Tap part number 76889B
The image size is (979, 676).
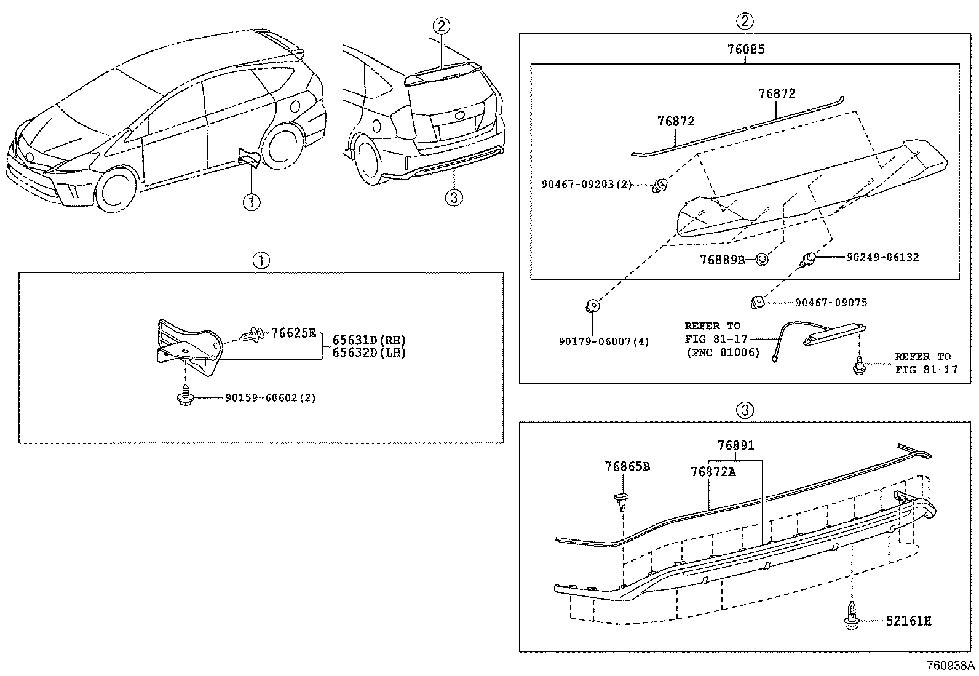click(722, 260)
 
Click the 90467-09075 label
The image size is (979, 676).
click(831, 303)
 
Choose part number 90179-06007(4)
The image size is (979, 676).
click(604, 341)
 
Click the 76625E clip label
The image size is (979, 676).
click(293, 333)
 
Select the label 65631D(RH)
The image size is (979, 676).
click(369, 340)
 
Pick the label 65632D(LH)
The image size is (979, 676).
click(369, 352)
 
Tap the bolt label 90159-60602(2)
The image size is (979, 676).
click(270, 398)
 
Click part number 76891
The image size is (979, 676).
click(735, 445)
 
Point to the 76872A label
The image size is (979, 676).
click(713, 472)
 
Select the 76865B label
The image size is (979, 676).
click(627, 467)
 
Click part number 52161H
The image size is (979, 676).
click(908, 621)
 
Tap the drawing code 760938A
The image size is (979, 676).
click(951, 666)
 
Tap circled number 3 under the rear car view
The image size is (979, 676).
click(453, 197)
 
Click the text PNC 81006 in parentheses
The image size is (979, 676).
click(723, 352)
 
